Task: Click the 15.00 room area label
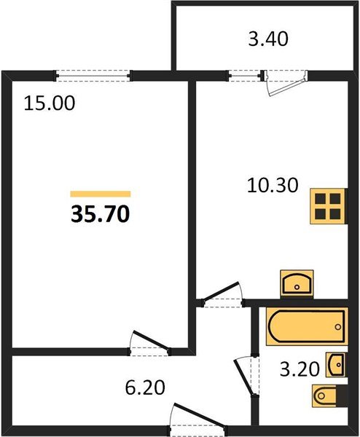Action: (50, 103)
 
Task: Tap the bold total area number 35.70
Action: (101, 214)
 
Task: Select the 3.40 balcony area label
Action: (268, 39)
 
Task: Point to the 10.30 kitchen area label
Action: (273, 185)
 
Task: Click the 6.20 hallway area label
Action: (145, 387)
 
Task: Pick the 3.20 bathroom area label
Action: (300, 369)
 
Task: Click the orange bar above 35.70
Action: (101, 194)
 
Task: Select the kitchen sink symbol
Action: (297, 284)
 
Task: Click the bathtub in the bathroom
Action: (307, 326)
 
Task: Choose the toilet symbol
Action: (330, 395)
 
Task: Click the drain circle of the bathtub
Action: (338, 327)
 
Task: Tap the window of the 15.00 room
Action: (93, 76)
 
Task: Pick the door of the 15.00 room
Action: (149, 343)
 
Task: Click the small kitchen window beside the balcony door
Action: (245, 76)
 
